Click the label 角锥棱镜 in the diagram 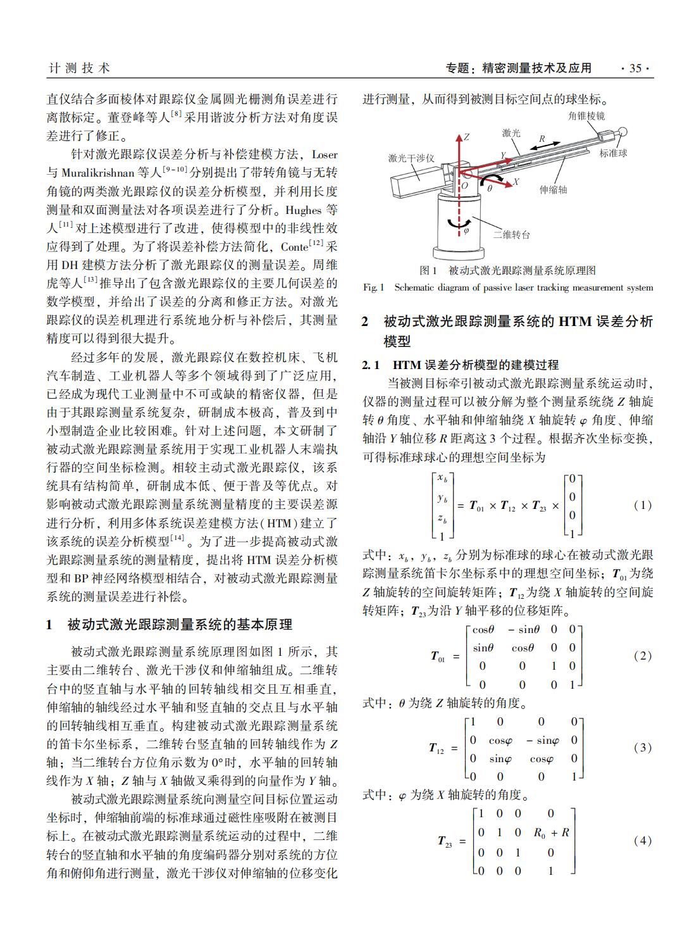pyautogui.click(x=586, y=116)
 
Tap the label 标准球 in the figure pyautogui.click(x=613, y=154)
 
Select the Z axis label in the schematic pyautogui.click(x=466, y=137)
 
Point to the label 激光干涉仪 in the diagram pyautogui.click(x=411, y=158)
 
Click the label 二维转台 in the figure pyautogui.click(x=511, y=235)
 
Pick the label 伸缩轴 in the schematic pyautogui.click(x=553, y=189)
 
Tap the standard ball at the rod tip pyautogui.click(x=623, y=132)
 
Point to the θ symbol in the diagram pyautogui.click(x=490, y=188)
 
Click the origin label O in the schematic pyautogui.click(x=464, y=186)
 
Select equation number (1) pyautogui.click(x=642, y=505)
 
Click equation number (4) pyautogui.click(x=642, y=841)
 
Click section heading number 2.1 pyautogui.click(x=373, y=365)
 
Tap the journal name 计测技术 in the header pyautogui.click(x=79, y=68)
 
